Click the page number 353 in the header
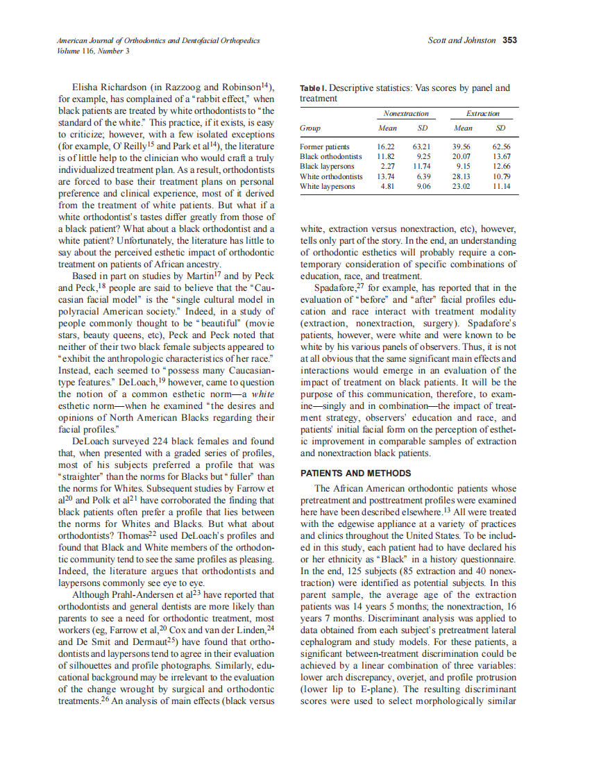[509, 41]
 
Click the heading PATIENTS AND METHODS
[355, 474]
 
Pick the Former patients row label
[325, 147]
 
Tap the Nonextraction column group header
[405, 113]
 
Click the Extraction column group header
[482, 113]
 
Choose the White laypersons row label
[327, 186]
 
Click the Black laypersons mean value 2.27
[387, 167]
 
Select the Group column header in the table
[310, 128]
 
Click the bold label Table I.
[312, 89]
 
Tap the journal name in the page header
[158, 41]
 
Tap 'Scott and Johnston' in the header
[462, 41]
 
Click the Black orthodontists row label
[331, 157]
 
